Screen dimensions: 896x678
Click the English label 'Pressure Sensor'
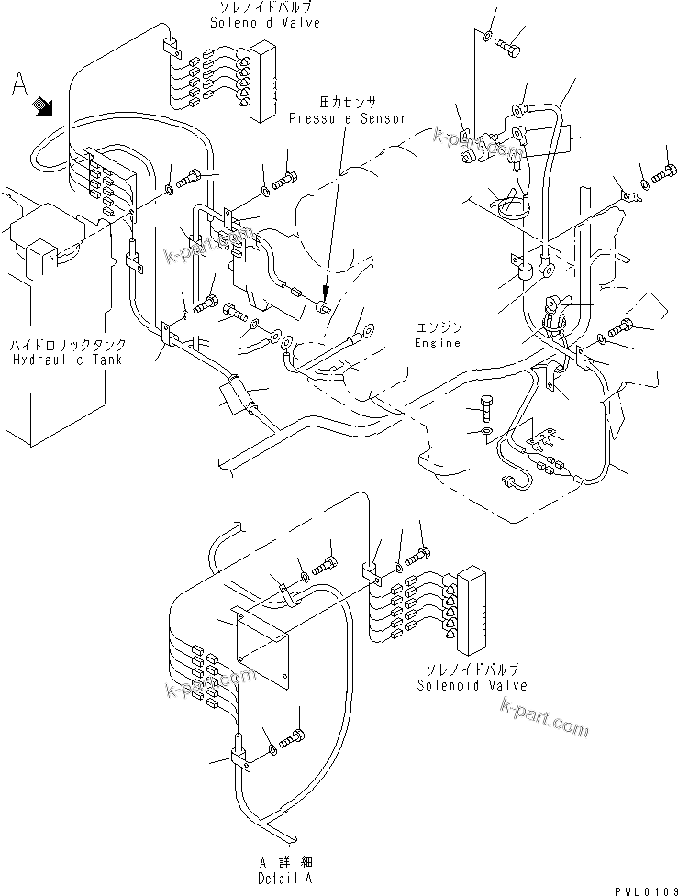click(348, 118)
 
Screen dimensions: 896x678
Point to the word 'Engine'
click(437, 342)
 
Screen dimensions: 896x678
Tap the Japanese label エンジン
click(437, 328)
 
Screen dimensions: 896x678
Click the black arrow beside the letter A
click(42, 107)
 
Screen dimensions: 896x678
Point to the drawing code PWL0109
click(640, 887)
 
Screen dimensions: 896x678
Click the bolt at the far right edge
click(664, 171)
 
